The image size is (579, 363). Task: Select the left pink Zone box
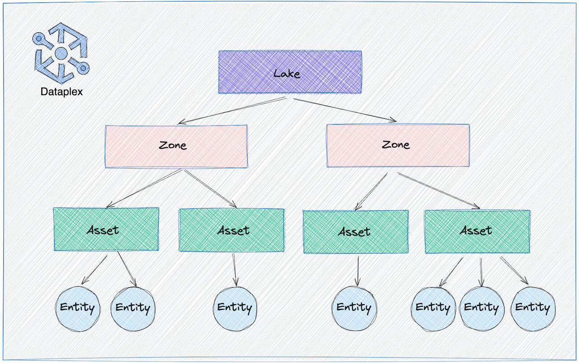pos(176,146)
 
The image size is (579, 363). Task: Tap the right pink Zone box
pos(398,145)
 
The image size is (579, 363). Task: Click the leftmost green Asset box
pos(106,229)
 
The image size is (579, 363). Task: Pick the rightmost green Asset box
pos(477,231)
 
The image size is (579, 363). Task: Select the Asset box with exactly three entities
pos(477,231)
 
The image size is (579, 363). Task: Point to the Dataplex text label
pos(62,92)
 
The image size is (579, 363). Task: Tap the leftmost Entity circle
pos(77,308)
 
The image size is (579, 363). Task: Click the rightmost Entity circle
pos(532,308)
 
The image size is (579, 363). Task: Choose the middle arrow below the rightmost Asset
pos(481,272)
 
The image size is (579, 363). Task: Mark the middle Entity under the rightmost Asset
pos(481,308)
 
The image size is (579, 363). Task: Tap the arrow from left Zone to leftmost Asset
pos(145,188)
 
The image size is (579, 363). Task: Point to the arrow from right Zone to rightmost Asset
pos(439,191)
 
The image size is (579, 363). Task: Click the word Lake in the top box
pos(287,73)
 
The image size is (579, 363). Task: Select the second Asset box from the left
pos(232,230)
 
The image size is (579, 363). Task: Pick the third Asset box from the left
pos(355,232)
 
